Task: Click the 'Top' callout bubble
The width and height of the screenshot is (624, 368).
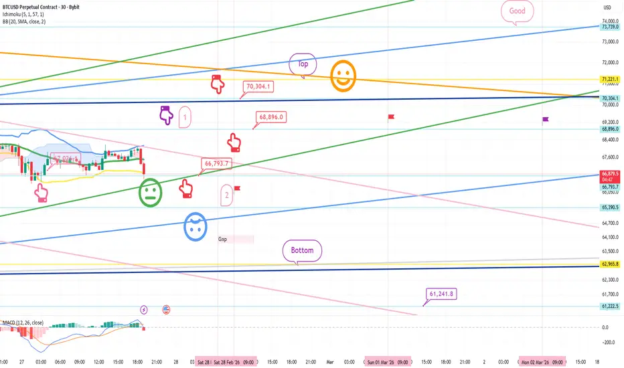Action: point(301,64)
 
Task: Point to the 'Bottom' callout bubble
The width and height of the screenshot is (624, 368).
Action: point(302,251)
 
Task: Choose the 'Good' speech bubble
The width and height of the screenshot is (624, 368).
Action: point(517,11)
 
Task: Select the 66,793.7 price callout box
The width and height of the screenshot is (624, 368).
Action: point(216,163)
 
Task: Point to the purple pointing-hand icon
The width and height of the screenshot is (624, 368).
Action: point(166,115)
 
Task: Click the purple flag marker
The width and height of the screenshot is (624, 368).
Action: point(546,120)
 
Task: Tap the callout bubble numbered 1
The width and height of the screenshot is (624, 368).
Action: point(185,117)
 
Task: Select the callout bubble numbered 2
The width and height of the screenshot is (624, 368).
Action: point(228,195)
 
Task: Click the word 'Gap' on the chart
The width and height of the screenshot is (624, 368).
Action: point(223,239)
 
